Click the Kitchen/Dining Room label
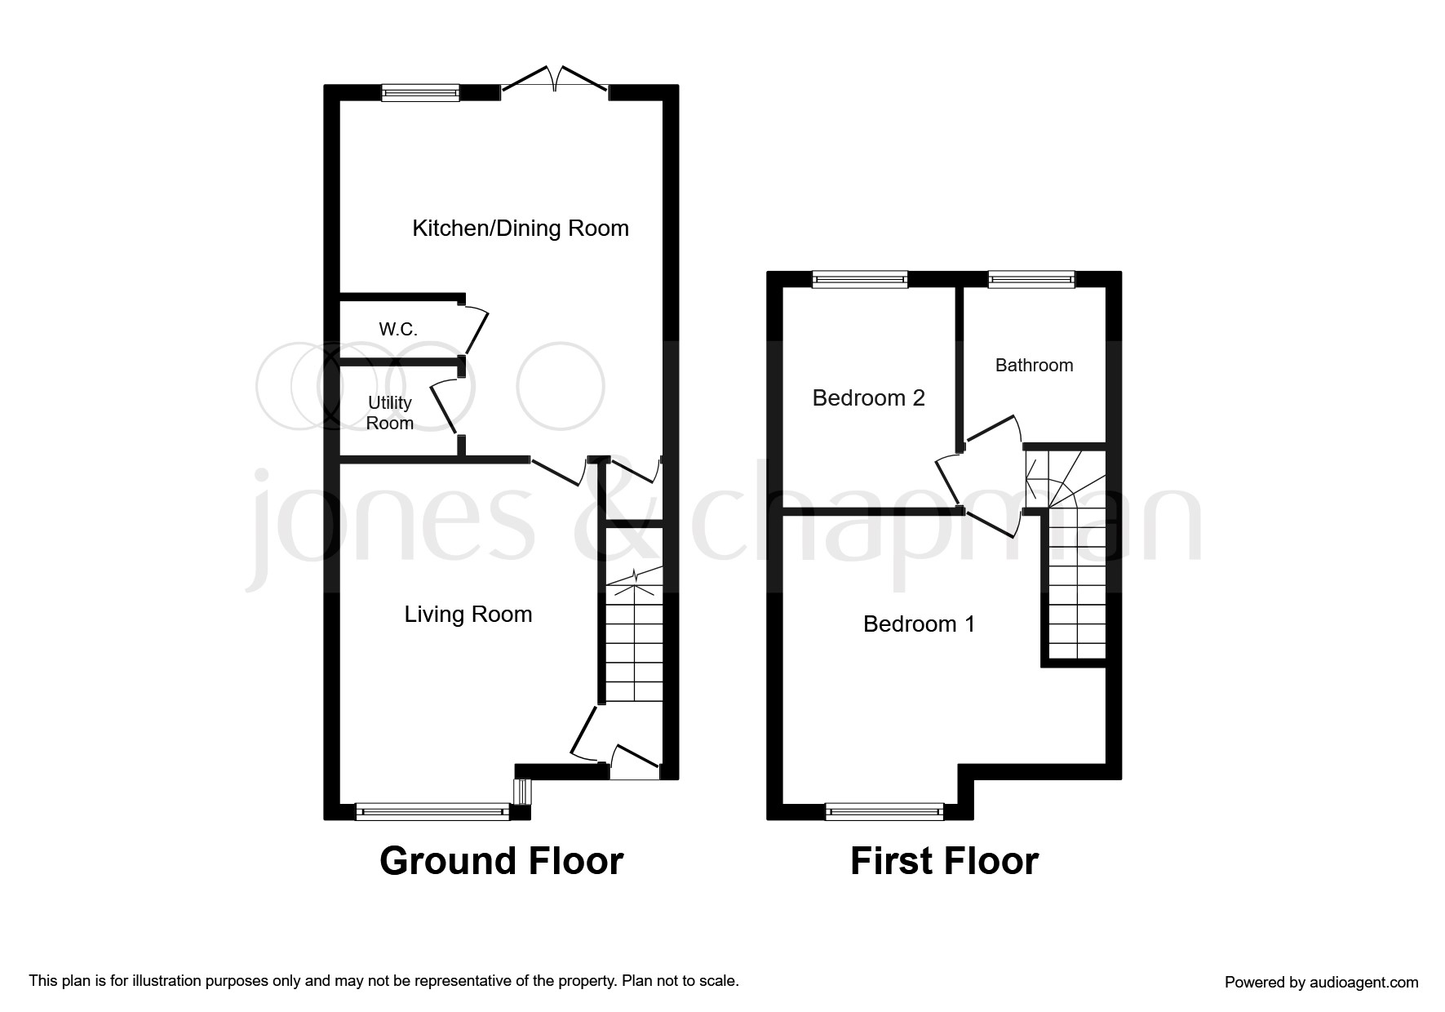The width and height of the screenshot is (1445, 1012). point(521,228)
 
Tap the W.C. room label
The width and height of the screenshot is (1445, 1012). point(398,330)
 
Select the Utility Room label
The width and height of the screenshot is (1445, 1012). point(390,413)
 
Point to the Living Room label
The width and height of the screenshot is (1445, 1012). point(468,614)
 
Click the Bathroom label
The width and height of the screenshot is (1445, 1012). point(1034,365)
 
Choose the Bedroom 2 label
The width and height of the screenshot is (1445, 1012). point(868,397)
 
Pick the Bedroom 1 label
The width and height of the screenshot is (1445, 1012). point(919,624)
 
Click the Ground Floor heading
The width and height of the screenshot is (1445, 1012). point(501,861)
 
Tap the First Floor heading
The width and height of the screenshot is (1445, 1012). point(944,861)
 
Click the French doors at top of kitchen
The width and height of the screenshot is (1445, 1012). point(555,82)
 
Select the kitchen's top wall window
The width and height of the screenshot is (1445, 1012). point(421,93)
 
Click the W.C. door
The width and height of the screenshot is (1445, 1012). point(476,331)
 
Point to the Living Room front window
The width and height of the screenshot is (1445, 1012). point(432,811)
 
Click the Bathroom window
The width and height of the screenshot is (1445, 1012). point(1031,280)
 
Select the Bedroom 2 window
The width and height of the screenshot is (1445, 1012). point(860,280)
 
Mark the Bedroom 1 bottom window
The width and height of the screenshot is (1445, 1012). point(884,811)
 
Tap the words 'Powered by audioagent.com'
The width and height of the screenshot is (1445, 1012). point(1321,983)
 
